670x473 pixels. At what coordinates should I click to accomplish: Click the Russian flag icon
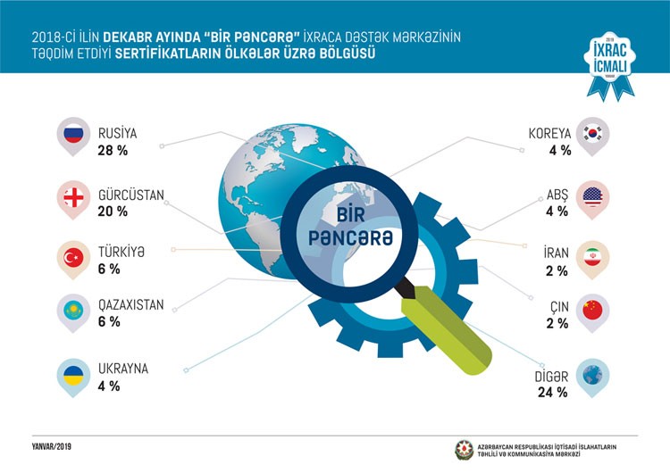pos(72,134)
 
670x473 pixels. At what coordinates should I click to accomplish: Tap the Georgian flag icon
pos(72,195)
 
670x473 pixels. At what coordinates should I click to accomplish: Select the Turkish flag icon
pos(72,257)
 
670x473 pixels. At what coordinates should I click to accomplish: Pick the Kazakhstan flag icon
pos(72,310)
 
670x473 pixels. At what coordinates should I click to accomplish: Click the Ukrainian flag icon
pos(72,373)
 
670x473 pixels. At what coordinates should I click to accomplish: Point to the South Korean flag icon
pos(591,134)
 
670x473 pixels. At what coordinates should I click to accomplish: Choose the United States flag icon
pos(591,195)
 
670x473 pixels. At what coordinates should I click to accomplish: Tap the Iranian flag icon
pos(591,257)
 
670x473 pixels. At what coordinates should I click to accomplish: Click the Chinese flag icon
pos(591,310)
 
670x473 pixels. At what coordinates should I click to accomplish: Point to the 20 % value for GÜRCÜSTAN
pos(113,212)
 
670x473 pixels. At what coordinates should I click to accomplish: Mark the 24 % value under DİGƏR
pos(550,391)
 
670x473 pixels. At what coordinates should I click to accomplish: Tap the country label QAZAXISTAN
pos(131,304)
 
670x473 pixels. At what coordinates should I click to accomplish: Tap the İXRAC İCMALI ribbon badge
pos(613,64)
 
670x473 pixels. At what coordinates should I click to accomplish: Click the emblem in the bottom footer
pos(466,449)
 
